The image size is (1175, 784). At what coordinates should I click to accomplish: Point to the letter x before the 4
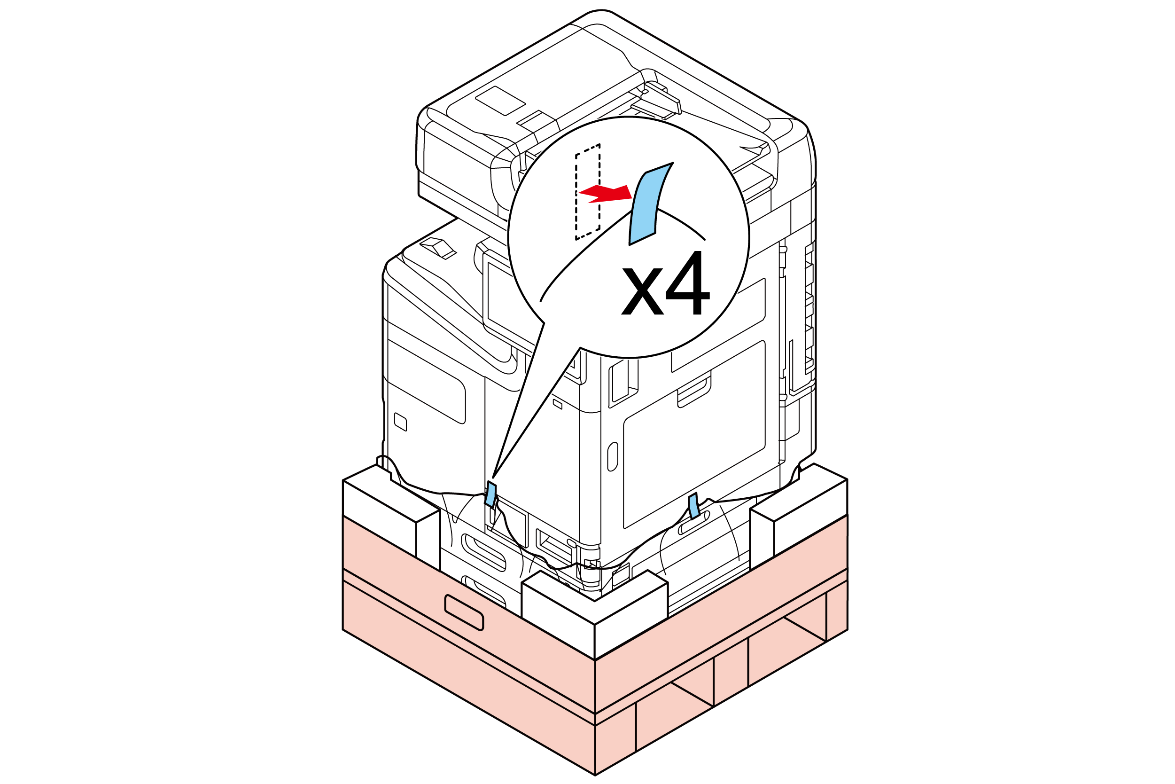(642, 291)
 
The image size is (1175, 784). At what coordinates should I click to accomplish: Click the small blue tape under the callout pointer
(491, 494)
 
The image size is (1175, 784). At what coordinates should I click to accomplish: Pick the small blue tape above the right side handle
(694, 505)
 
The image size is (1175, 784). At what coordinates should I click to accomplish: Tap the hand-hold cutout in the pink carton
(464, 612)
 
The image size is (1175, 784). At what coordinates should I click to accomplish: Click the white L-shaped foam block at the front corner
(594, 614)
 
